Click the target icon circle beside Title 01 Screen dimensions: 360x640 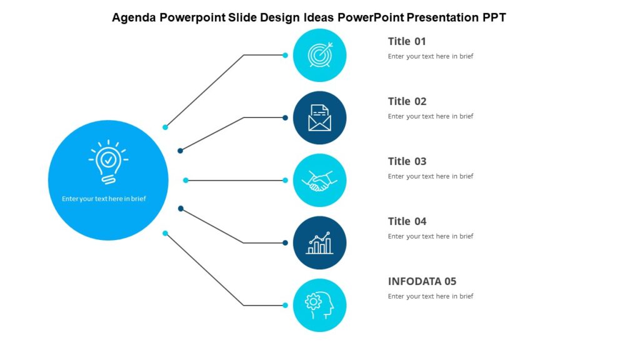click(319, 56)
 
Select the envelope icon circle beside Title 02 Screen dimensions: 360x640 click(319, 118)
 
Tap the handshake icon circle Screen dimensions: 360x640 click(319, 181)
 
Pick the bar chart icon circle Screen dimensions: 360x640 click(319, 243)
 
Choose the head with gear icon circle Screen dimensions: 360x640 click(319, 305)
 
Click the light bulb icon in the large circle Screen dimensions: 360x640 click(108, 162)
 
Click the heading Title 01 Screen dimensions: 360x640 click(407, 41)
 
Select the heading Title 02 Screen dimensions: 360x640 click(407, 101)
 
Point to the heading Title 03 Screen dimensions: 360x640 click(407, 161)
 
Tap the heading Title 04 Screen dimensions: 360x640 click(407, 221)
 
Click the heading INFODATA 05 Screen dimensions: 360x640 click(422, 281)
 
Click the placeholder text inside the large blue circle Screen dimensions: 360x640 click(104, 199)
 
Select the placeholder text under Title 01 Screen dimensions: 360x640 click(431, 56)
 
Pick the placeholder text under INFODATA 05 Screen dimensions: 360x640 click(431, 296)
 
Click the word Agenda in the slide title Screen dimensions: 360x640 click(134, 17)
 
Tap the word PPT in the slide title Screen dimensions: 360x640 click(493, 17)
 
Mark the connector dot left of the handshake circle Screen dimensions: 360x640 click(285, 181)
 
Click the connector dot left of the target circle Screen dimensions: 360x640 click(285, 55)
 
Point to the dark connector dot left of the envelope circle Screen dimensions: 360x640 click(285, 117)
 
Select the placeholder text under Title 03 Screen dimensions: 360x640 click(431, 176)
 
